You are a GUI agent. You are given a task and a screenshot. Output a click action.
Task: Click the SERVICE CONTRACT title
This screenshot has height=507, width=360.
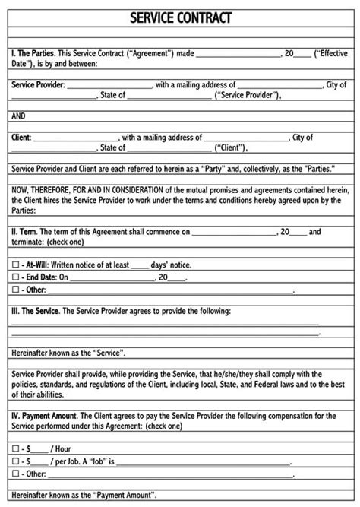point(180,17)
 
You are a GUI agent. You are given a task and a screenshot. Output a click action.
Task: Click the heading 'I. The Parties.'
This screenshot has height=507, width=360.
point(31,54)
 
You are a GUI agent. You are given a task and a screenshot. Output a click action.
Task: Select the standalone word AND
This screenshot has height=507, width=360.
point(19,116)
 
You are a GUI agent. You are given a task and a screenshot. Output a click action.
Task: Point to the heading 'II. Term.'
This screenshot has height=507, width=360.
point(24,231)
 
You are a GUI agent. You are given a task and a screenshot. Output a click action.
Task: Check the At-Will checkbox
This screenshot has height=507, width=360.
point(15,265)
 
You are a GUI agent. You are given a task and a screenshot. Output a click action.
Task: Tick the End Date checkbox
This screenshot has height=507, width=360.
point(15,277)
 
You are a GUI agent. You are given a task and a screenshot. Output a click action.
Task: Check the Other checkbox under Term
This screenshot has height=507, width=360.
point(15,290)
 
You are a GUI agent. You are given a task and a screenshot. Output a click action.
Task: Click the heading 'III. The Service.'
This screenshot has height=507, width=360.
point(35,311)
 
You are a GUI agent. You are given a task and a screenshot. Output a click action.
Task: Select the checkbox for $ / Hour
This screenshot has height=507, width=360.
point(15,449)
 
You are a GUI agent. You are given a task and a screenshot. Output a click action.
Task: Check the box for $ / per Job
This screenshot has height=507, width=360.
point(15,461)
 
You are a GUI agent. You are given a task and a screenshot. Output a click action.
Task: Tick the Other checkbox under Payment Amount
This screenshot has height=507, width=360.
point(15,473)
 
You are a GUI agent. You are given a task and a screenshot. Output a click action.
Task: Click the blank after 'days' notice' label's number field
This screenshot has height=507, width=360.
point(140,265)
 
